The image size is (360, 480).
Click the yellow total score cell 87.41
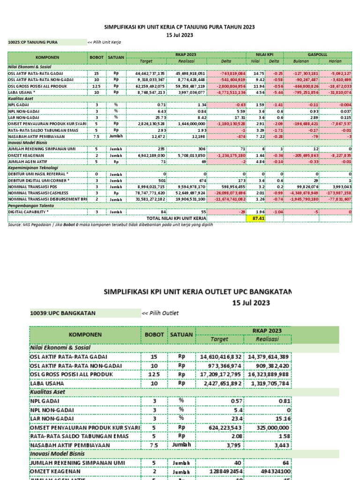256,218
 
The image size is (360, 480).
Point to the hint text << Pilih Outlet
160,313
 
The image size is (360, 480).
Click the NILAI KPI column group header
264,55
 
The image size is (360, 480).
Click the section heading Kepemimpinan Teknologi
33,167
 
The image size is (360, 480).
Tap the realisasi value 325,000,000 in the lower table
272,427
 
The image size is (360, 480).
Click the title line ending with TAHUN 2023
179,27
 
